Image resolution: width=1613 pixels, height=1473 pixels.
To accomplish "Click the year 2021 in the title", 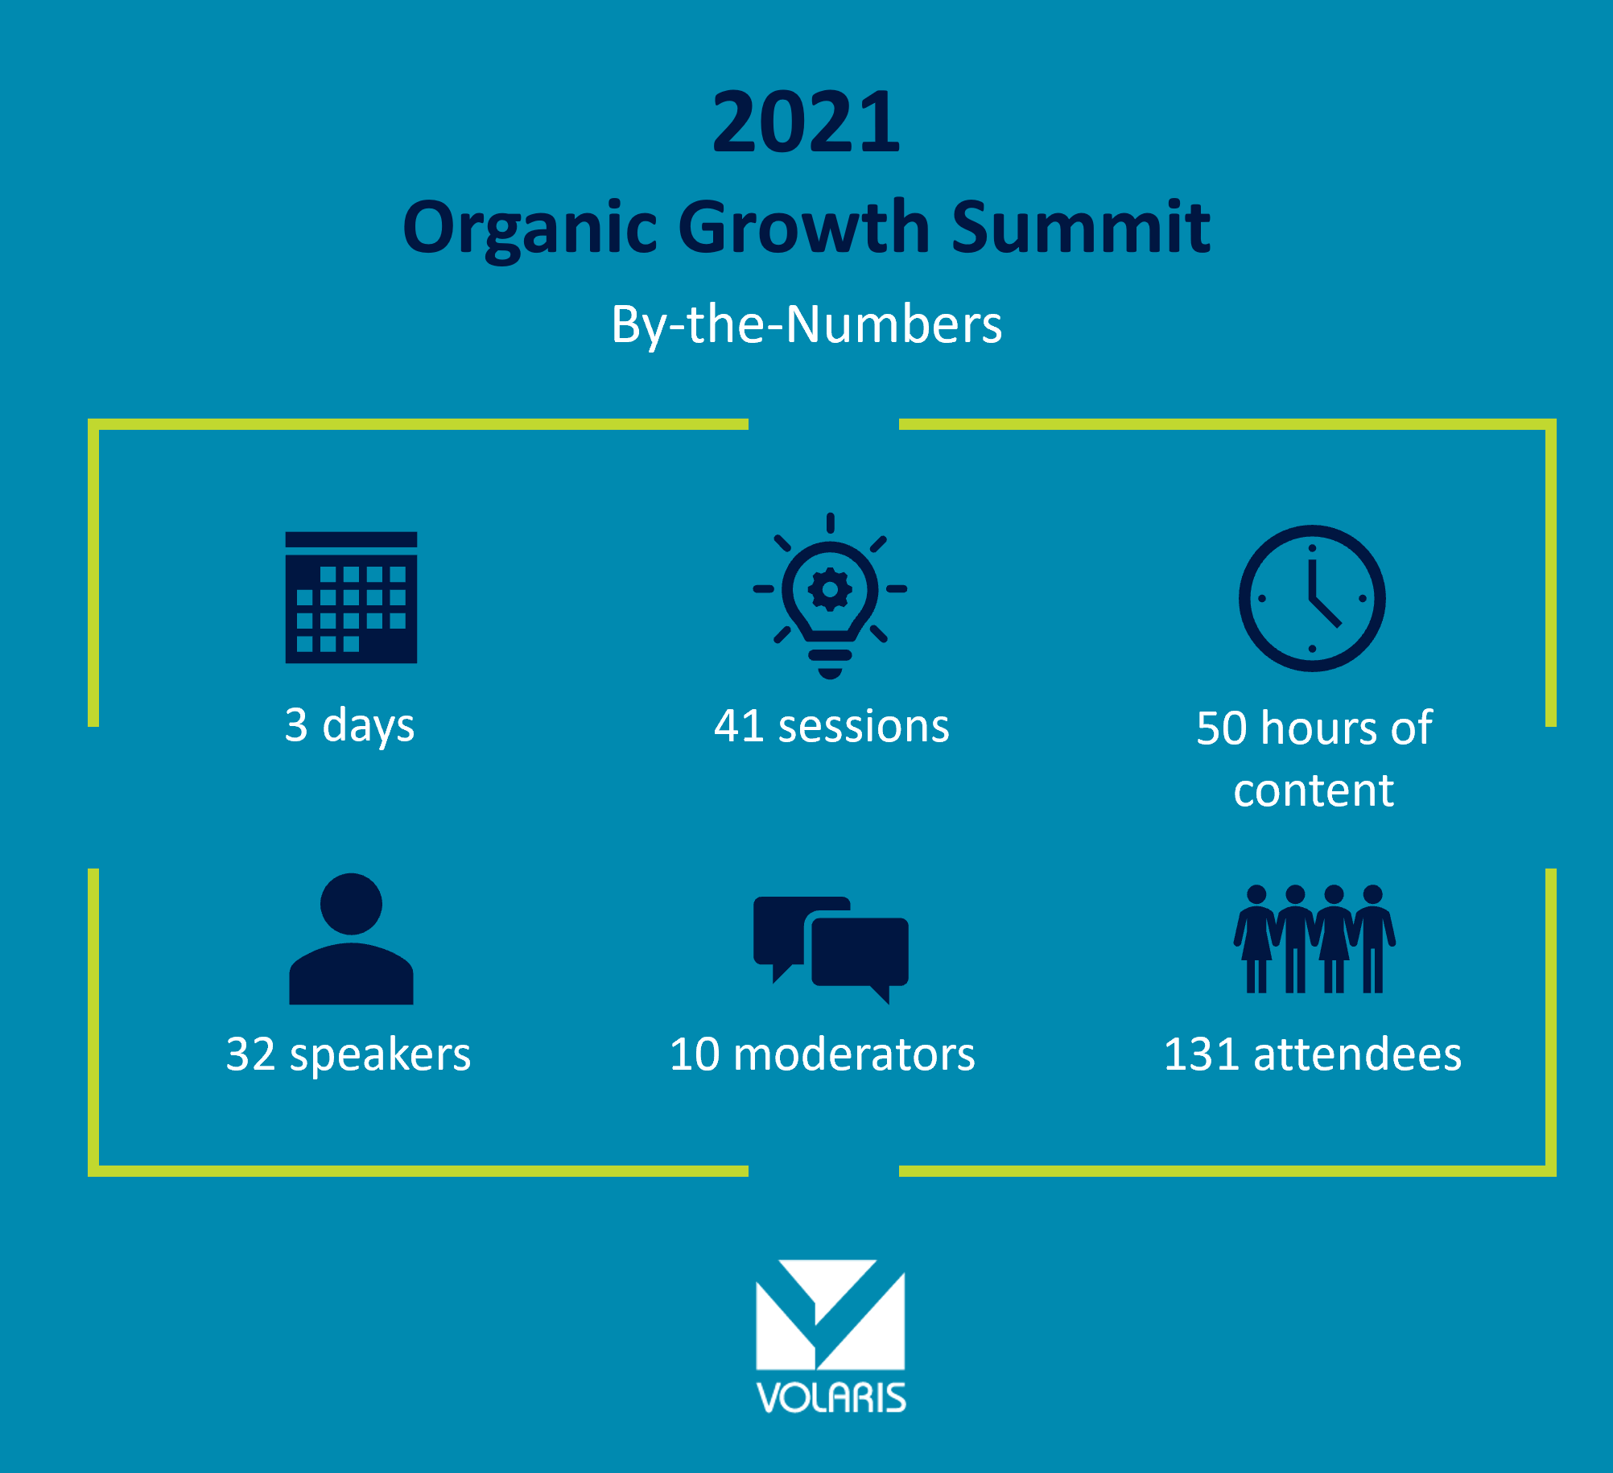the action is tap(806, 122).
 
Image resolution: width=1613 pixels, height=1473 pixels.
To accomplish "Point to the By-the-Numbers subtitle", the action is tap(806, 324).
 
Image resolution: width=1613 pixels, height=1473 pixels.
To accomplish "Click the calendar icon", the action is tap(351, 597).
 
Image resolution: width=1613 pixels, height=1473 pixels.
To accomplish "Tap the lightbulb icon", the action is tap(830, 596).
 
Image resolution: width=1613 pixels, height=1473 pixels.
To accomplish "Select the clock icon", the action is tap(1312, 598).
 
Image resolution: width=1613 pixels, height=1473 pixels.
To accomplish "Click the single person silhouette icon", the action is tap(351, 939).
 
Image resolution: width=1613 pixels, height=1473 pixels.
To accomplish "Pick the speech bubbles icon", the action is tap(831, 950).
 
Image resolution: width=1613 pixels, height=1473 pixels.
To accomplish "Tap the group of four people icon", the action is tap(1314, 939).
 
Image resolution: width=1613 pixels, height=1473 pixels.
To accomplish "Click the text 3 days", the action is tap(349, 726).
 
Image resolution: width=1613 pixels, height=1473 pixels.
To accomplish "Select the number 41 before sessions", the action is tap(739, 726).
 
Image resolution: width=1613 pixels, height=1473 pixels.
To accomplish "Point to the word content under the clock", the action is tap(1314, 790).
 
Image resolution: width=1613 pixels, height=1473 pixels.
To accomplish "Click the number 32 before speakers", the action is tap(251, 1054).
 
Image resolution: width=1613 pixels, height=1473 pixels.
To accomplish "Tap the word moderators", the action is tap(854, 1054).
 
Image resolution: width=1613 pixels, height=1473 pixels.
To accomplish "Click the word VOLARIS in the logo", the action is tap(831, 1398).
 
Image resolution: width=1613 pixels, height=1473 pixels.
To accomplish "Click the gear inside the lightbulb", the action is tap(830, 590).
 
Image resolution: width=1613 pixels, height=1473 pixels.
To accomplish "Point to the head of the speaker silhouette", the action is tap(351, 903).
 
